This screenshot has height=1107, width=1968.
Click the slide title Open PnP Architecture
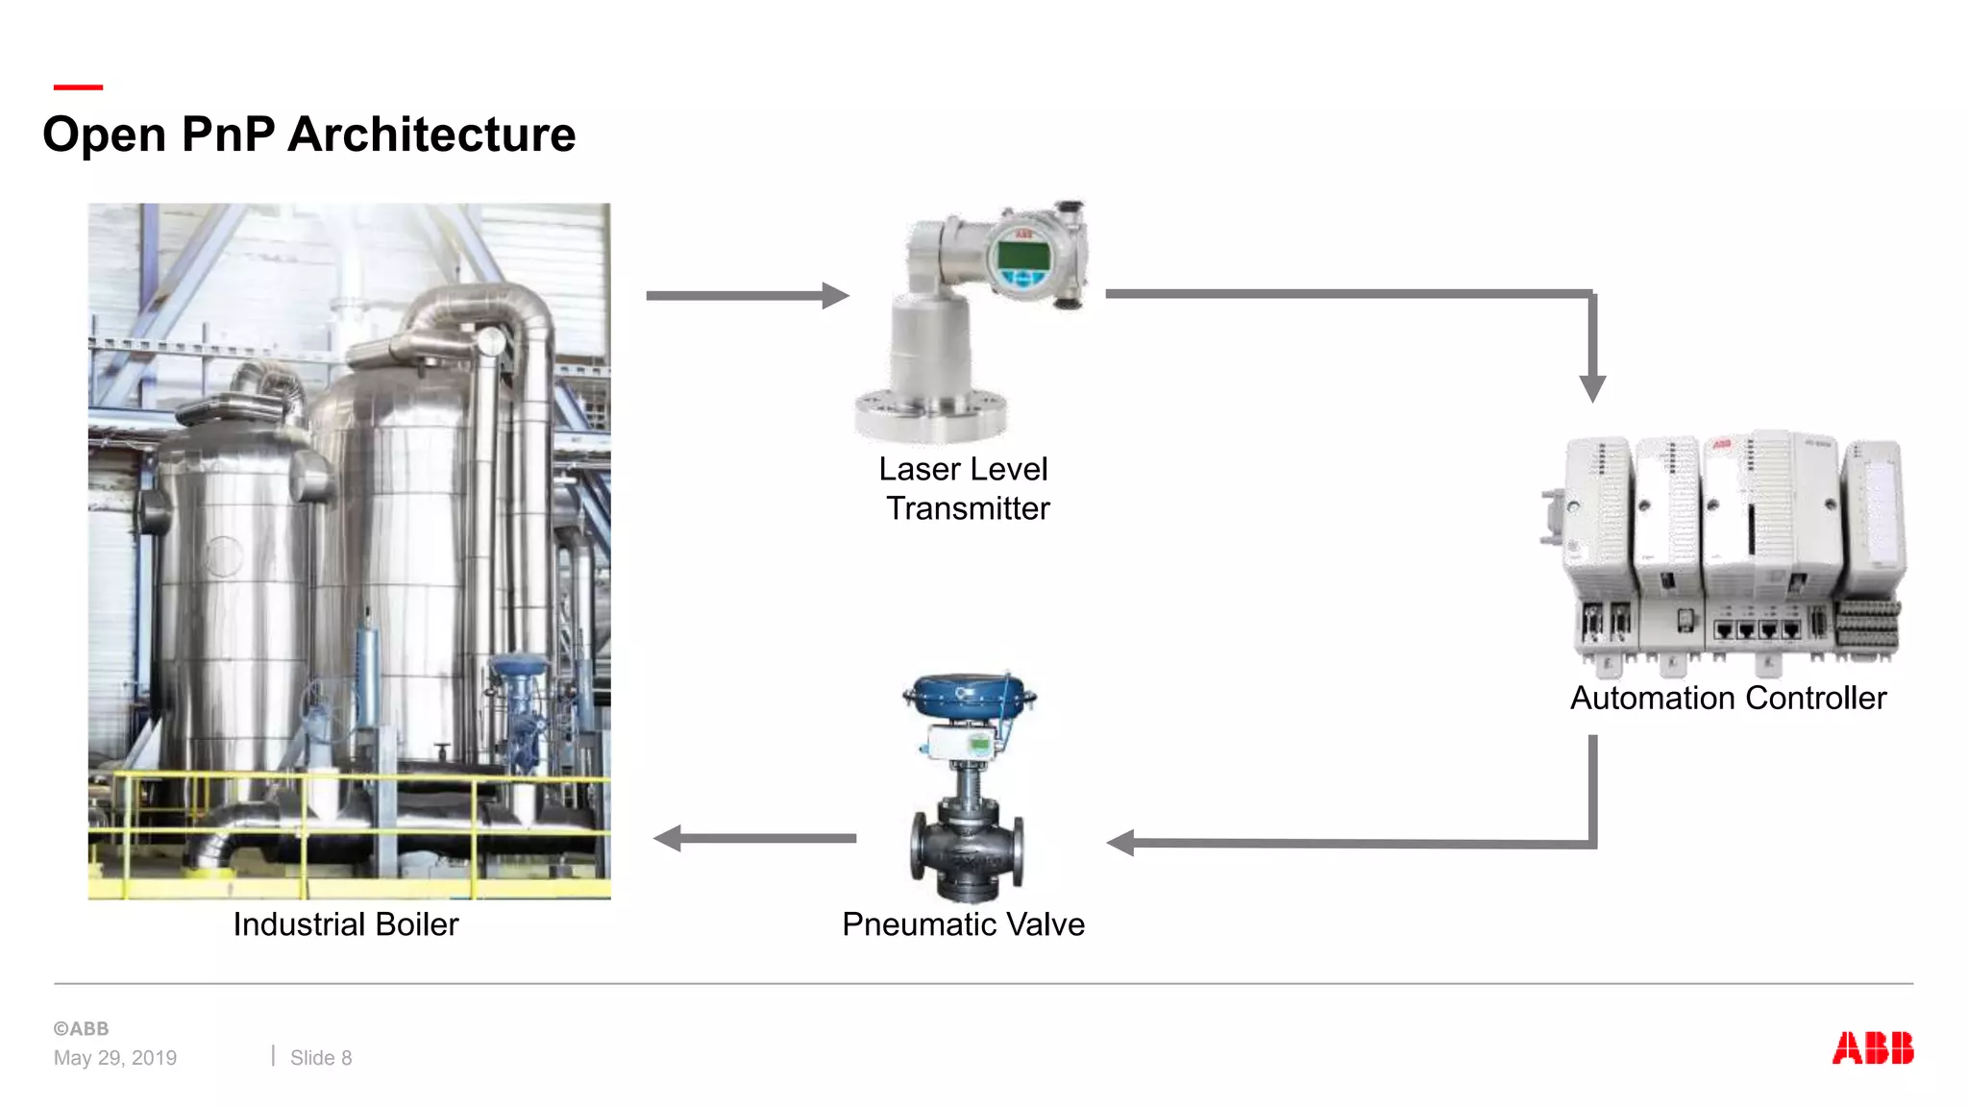[x=308, y=135]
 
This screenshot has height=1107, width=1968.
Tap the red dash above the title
[x=78, y=87]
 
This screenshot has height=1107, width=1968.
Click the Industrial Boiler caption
[x=346, y=924]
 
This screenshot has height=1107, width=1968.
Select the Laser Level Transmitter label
[x=965, y=488]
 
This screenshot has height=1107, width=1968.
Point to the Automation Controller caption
[x=1728, y=698]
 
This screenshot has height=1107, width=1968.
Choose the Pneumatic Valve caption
[x=963, y=924]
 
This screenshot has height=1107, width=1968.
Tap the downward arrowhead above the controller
[x=1592, y=387]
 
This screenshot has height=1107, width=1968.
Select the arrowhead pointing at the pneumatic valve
[x=1121, y=843]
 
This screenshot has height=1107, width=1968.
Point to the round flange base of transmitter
[x=930, y=415]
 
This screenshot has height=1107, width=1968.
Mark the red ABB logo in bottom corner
[x=1872, y=1048]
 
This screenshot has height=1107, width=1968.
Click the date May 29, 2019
[x=115, y=1058]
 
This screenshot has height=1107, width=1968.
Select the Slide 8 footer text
[x=321, y=1058]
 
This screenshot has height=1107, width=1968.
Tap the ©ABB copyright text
[x=81, y=1028]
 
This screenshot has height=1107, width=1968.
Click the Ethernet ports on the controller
[x=1757, y=630]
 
